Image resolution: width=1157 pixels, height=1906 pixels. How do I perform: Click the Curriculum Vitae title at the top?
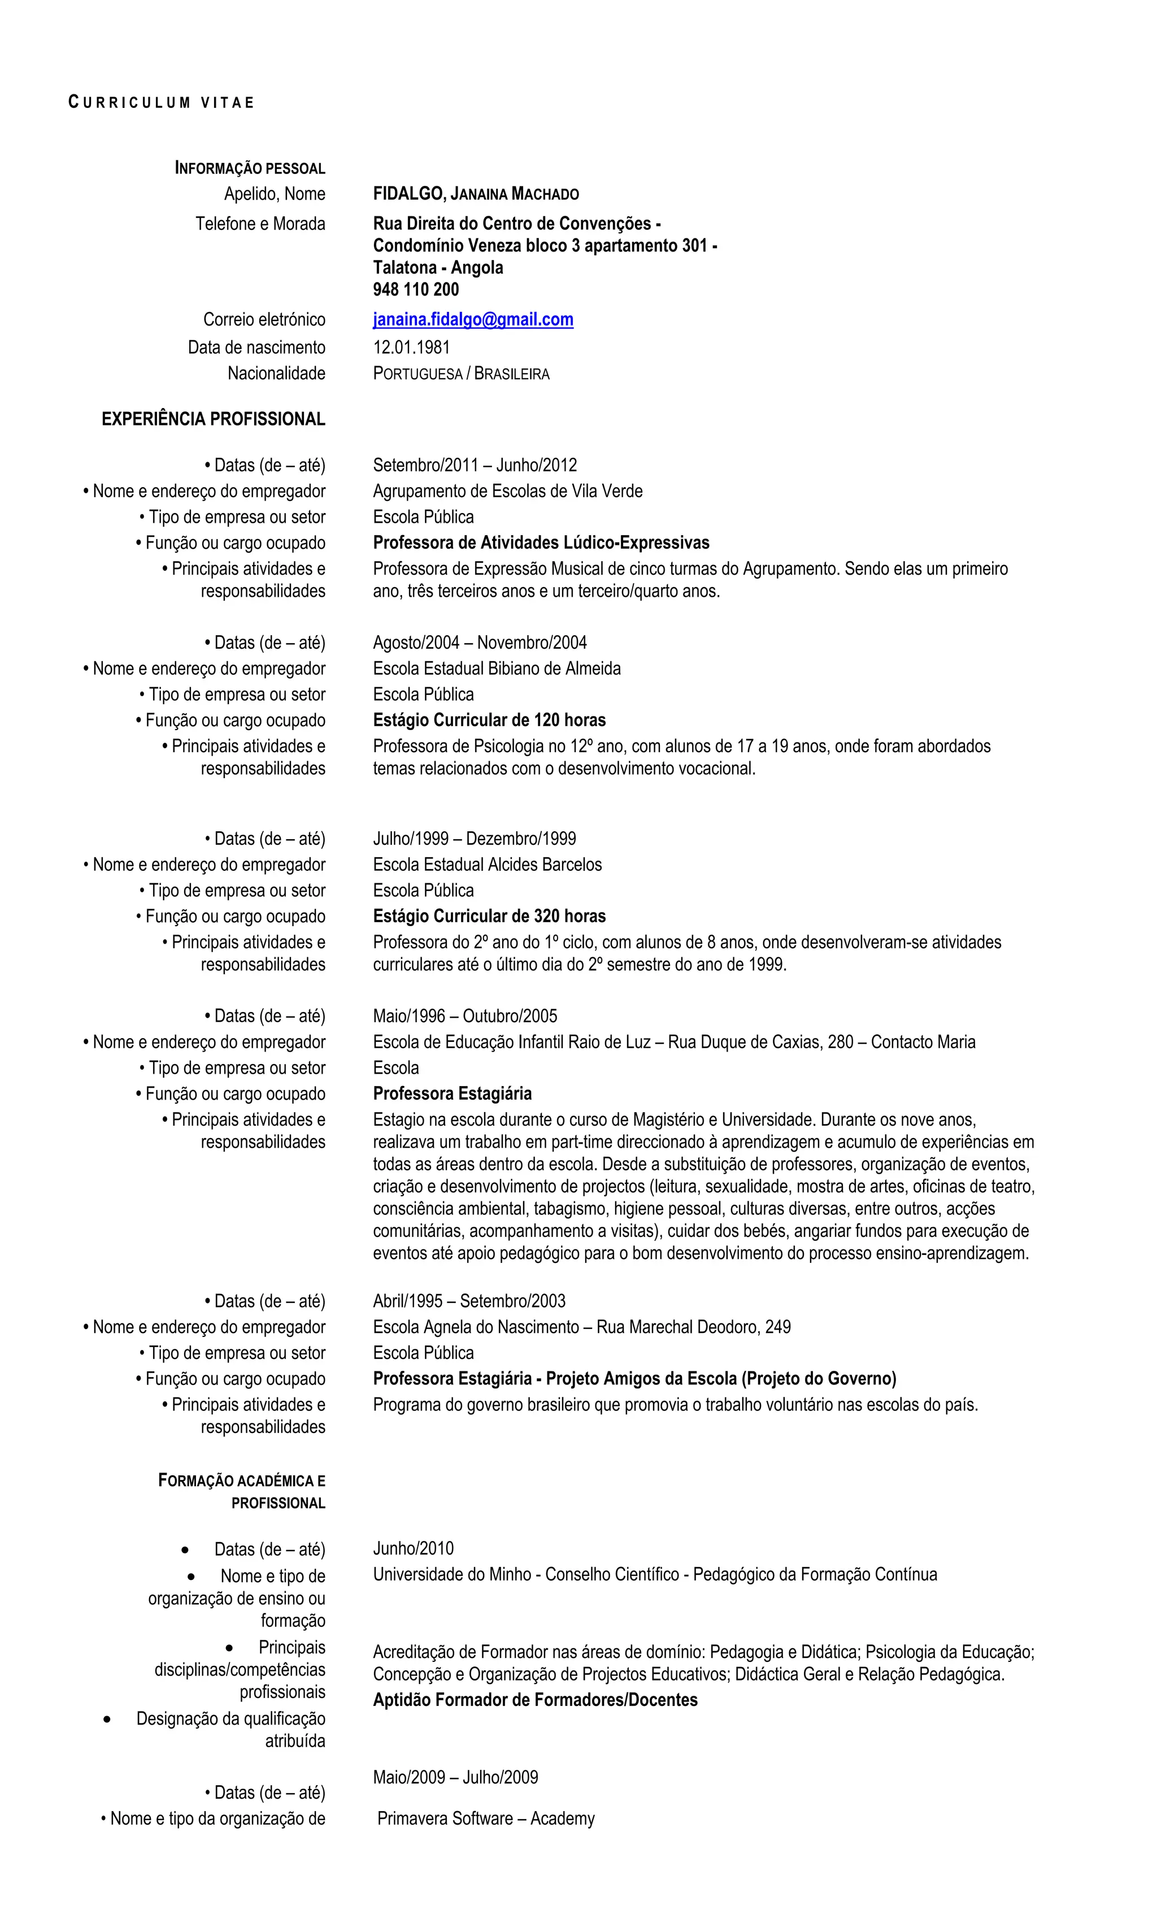click(161, 102)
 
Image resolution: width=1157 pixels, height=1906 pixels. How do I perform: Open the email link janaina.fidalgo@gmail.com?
click(472, 319)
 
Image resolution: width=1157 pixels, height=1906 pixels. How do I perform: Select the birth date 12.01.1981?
click(411, 348)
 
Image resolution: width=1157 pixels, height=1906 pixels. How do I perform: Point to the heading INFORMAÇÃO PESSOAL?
click(250, 168)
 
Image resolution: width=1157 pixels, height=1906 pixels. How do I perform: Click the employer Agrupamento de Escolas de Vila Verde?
click(507, 491)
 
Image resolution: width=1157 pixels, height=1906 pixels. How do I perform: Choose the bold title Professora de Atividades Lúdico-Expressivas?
click(541, 543)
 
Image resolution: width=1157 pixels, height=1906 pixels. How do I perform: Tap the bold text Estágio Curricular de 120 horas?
click(489, 720)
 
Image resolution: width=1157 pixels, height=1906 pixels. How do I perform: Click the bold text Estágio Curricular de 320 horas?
click(489, 917)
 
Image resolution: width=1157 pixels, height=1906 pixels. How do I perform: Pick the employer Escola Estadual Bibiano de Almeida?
click(497, 668)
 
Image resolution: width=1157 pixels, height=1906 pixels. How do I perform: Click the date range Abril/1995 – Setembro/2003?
click(469, 1301)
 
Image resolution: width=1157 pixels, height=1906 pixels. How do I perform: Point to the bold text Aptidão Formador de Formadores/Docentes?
click(534, 1700)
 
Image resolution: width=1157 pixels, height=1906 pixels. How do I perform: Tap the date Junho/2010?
click(413, 1549)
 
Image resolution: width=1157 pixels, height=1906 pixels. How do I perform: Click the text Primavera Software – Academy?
click(486, 1818)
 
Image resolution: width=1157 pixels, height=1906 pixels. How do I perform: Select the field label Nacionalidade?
click(276, 374)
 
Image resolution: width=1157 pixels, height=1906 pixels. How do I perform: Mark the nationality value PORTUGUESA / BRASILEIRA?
click(461, 375)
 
